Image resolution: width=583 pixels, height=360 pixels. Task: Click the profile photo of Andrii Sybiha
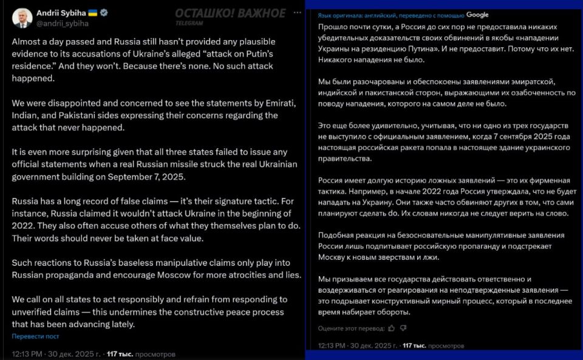pyautogui.click(x=22, y=18)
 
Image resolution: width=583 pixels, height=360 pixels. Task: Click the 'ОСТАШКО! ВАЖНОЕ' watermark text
pyautogui.click(x=230, y=13)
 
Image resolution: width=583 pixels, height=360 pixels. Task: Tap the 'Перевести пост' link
pyautogui.click(x=35, y=336)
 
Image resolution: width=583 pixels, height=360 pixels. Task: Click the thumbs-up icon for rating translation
pyautogui.click(x=391, y=328)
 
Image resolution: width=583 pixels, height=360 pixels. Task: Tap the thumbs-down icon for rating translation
pyautogui.click(x=402, y=328)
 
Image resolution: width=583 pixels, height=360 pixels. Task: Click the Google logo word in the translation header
pyautogui.click(x=477, y=15)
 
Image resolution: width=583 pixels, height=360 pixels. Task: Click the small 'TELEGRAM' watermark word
pyautogui.click(x=185, y=22)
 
